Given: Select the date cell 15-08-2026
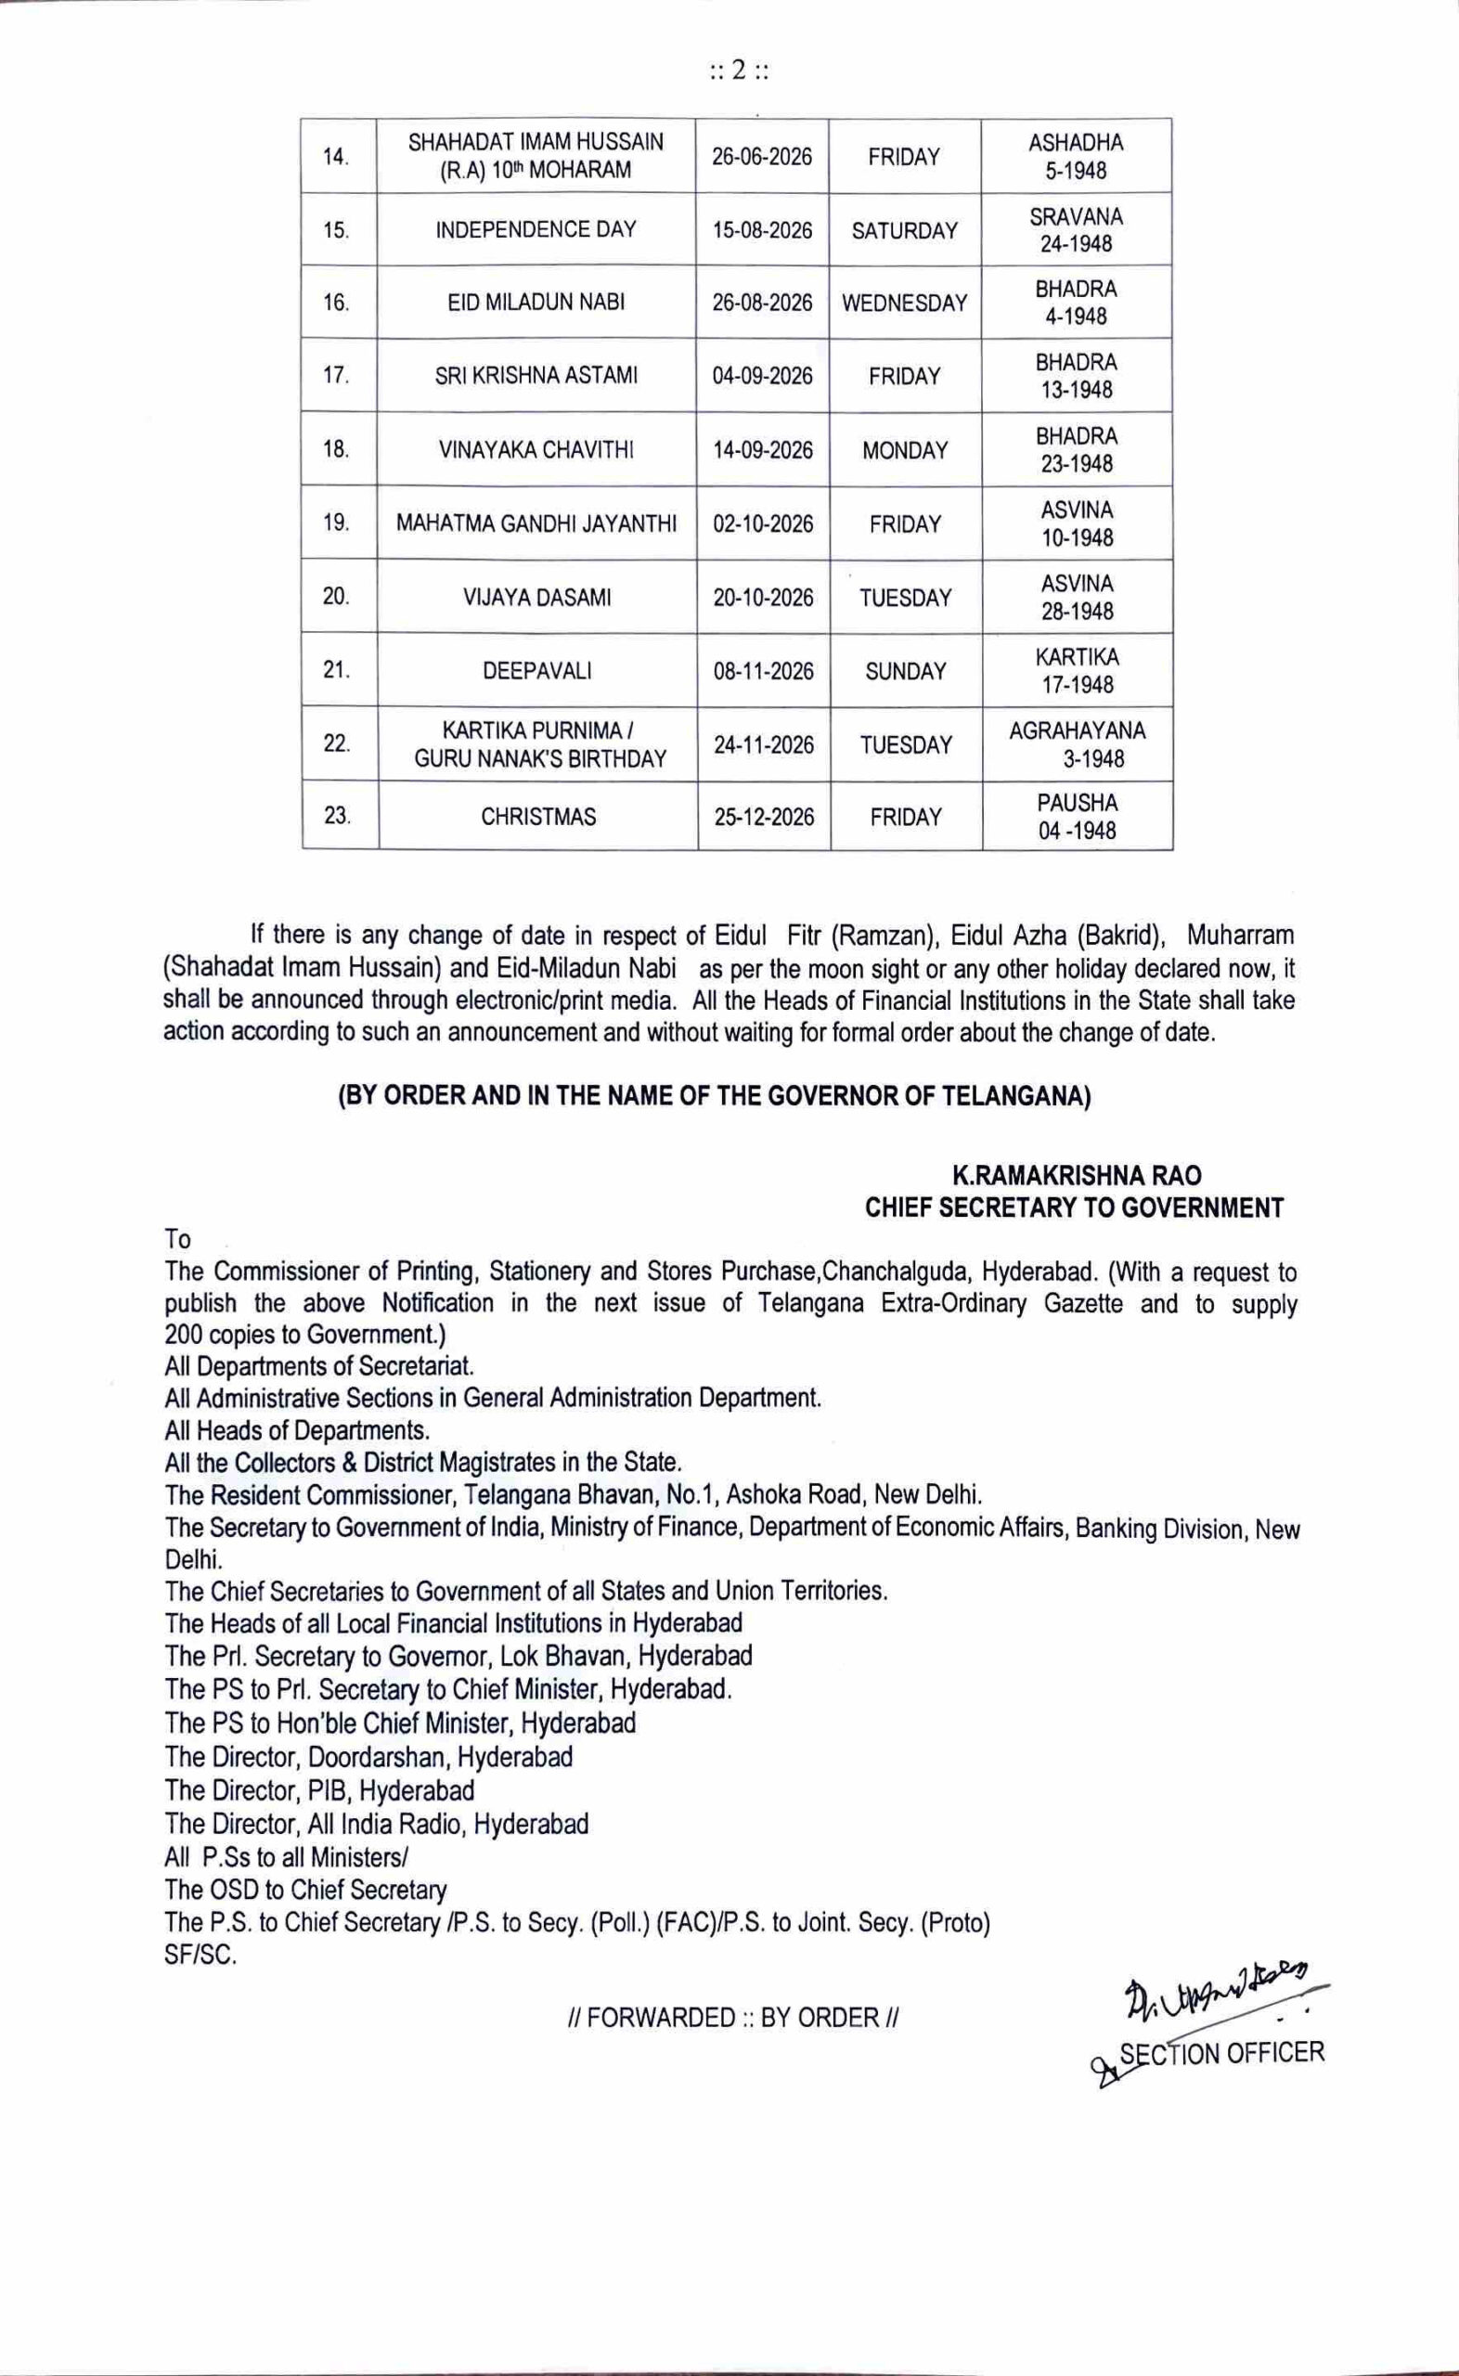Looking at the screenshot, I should coord(762,230).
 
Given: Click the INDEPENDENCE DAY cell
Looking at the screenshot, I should coord(536,229).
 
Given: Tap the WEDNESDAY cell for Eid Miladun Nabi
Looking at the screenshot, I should coord(904,303).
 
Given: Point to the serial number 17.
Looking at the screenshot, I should coord(336,375).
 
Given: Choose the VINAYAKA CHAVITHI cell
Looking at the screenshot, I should coord(536,449).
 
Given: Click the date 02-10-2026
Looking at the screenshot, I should coord(762,523).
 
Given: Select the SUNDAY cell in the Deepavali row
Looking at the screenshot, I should coord(905,671).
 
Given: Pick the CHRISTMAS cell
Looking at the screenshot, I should coord(538,817).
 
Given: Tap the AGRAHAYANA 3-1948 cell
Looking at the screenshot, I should coord(1077,744).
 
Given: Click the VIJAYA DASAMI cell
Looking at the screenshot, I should coord(536,598).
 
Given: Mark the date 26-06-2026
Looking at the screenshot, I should coord(762,157).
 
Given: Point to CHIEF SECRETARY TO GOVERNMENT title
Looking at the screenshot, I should coord(1075,1207).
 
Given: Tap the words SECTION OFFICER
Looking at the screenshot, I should coord(1220,2052).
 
